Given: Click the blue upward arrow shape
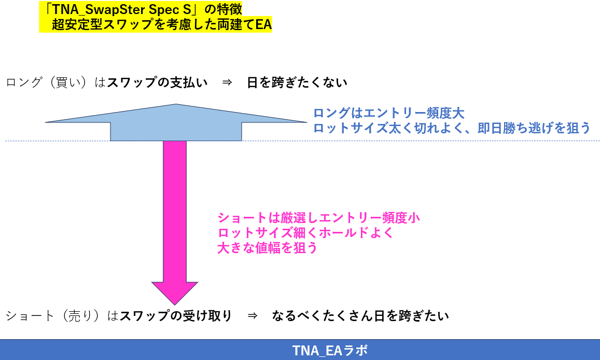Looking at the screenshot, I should tap(176, 124).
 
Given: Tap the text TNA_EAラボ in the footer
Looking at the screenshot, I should tap(329, 350).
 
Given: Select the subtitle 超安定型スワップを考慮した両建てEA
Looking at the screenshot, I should tap(161, 24).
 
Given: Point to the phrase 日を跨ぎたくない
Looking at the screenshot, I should tap(297, 82).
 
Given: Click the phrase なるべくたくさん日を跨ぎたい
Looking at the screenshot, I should tap(360, 316).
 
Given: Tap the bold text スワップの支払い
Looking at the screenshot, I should tap(157, 82).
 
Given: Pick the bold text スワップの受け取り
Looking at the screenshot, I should tap(176, 316).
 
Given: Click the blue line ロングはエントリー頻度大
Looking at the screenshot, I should tap(388, 113).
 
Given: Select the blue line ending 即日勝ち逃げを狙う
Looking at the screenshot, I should tap(452, 128).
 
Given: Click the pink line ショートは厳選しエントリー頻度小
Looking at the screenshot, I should tap(318, 218).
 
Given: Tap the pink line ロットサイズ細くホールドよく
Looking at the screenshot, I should tap(305, 233).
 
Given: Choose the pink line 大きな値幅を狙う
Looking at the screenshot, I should tap(267, 248).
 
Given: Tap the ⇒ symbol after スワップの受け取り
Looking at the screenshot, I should tap(252, 316).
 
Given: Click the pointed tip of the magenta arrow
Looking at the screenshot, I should tap(175, 303).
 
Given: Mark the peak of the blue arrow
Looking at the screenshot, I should tap(176, 105).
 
